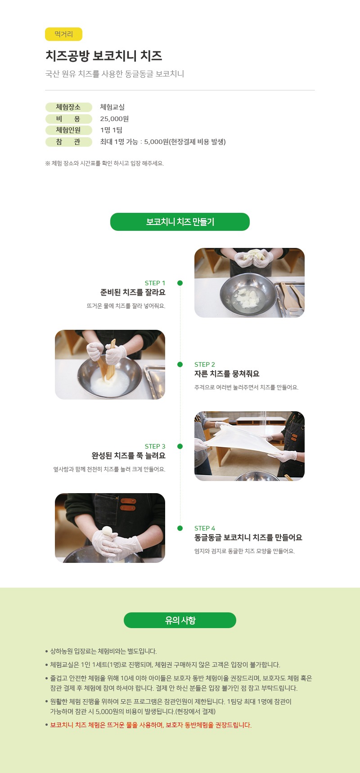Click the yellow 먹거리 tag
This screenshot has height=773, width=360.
click(x=63, y=34)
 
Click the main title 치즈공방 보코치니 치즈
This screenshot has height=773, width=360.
click(x=103, y=56)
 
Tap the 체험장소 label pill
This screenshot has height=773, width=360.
click(x=68, y=107)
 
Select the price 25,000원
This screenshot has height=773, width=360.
click(x=114, y=119)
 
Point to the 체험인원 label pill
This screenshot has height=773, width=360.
click(x=68, y=130)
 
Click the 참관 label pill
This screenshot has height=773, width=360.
click(x=68, y=142)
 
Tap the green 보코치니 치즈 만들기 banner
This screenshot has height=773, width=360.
click(x=180, y=222)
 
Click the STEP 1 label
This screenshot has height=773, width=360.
click(x=155, y=283)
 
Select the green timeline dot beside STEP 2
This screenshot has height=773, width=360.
click(x=180, y=364)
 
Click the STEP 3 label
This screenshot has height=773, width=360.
click(x=155, y=446)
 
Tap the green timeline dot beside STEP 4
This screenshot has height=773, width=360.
click(x=180, y=528)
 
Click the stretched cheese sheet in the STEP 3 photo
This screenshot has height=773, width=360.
click(x=243, y=443)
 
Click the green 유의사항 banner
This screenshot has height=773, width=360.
click(x=180, y=620)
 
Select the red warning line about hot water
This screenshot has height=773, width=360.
click(x=151, y=725)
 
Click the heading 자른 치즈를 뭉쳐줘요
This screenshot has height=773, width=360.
click(x=227, y=374)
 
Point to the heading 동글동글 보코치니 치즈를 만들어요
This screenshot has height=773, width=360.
click(x=248, y=538)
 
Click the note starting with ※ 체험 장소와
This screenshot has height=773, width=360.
click(x=104, y=163)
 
